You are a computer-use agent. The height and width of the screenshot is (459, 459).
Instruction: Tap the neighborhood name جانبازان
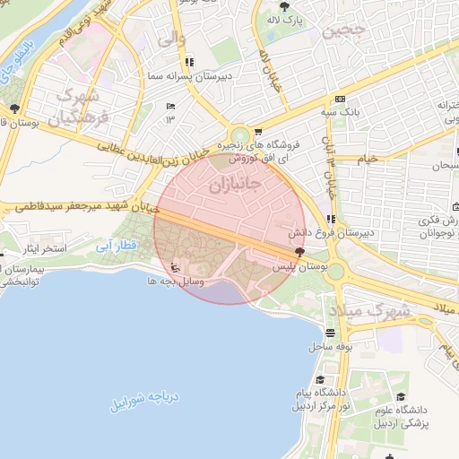pyautogui.click(x=234, y=186)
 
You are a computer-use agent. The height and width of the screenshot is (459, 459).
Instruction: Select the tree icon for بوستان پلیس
pyautogui.click(x=311, y=254)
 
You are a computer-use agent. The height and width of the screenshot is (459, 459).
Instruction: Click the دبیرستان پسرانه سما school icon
pyautogui.click(x=188, y=62)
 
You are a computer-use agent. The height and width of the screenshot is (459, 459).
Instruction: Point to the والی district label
pyautogui.click(x=170, y=39)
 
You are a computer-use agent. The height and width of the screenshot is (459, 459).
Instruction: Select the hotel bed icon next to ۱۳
pyautogui.click(x=170, y=106)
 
